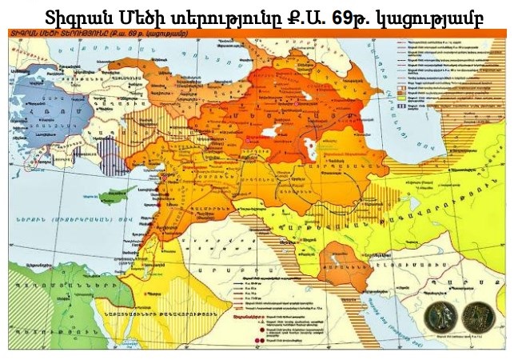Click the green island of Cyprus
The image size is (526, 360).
click(x=121, y=194)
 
